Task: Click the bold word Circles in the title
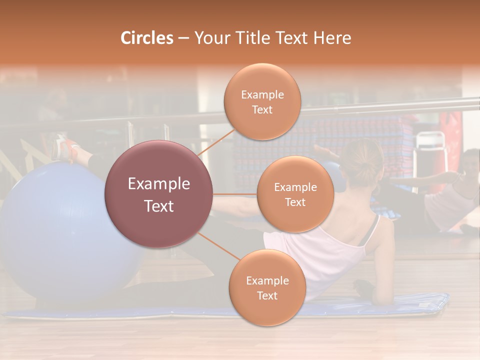click(x=147, y=38)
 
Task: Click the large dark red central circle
click(x=158, y=194)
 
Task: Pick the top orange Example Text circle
click(x=262, y=101)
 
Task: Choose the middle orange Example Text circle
click(x=295, y=194)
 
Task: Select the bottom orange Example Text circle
click(x=267, y=287)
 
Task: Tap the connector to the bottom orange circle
click(x=218, y=247)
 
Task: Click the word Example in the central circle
click(x=158, y=184)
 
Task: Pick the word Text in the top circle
click(x=262, y=109)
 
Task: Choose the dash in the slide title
click(x=183, y=38)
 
